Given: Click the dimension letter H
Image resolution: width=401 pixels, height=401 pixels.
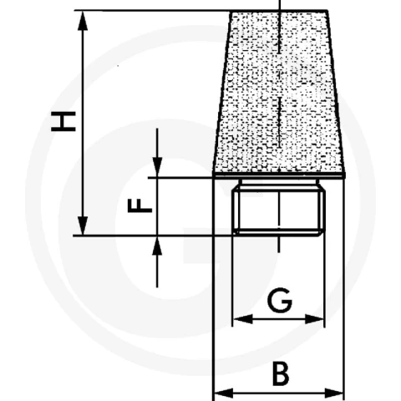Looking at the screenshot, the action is point(63,121).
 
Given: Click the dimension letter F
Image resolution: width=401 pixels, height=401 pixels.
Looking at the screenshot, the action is point(140,206).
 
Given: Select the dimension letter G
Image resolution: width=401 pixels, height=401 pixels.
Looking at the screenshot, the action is point(280,300).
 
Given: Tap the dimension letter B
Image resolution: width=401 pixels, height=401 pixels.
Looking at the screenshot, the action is point(281,373).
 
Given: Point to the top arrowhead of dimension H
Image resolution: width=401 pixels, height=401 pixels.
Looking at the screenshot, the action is point(83,21).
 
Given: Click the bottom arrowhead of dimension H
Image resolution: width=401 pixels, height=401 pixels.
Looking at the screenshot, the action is point(83,226).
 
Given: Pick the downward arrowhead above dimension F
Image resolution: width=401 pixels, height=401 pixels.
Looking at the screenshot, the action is point(157,167).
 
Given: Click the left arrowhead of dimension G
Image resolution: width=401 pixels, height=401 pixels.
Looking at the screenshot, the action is point(243,319).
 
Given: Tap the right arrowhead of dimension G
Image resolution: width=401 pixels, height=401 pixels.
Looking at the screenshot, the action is point(315,319).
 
